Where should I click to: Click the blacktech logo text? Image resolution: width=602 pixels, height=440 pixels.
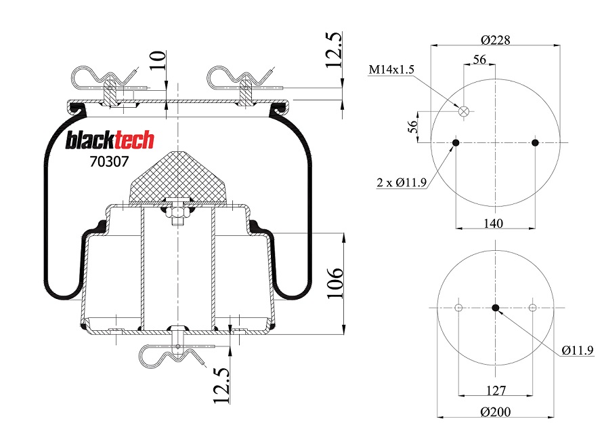(x=110, y=140)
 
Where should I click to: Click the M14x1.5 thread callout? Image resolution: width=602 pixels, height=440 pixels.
(x=391, y=70)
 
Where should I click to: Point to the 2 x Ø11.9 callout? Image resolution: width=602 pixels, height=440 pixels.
(x=402, y=182)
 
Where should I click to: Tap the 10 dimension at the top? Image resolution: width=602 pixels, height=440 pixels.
(x=157, y=62)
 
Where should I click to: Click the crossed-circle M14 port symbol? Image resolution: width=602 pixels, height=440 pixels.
(x=464, y=111)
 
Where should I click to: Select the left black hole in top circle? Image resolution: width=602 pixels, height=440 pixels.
(x=456, y=142)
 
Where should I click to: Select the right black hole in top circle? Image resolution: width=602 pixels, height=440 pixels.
(x=535, y=142)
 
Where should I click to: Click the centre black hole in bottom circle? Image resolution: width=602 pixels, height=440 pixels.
(x=496, y=308)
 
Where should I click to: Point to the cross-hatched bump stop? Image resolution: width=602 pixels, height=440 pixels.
(x=177, y=178)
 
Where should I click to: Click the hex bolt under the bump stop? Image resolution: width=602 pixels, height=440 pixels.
(x=177, y=213)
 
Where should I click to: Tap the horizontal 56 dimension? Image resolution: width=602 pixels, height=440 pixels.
(x=479, y=60)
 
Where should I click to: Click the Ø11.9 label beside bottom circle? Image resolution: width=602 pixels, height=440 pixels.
(x=577, y=350)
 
